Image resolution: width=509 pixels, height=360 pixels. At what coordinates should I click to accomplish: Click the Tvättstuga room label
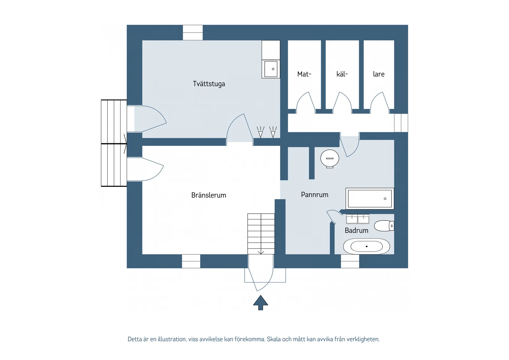point(209,84)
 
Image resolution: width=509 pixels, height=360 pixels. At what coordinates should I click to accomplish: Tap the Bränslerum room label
point(209,195)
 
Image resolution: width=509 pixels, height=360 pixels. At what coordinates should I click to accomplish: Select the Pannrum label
point(314,195)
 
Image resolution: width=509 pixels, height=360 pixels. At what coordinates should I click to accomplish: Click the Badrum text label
point(356,230)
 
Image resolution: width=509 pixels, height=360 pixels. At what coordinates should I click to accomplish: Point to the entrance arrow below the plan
point(261,302)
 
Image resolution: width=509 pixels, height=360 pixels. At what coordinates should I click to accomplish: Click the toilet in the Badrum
point(384,226)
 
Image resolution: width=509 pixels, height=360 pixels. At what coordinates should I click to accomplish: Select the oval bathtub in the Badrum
point(366,246)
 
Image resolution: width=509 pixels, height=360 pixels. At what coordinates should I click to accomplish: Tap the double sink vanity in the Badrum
point(358,219)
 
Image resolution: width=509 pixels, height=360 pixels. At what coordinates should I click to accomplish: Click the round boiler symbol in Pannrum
point(330,158)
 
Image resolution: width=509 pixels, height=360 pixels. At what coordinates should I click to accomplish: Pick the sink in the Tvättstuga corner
point(271,69)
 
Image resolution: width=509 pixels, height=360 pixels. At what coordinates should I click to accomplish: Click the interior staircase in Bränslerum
point(261,234)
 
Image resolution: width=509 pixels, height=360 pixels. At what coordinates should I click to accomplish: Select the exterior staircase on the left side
point(114,143)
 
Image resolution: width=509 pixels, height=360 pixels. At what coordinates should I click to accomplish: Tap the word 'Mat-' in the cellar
point(304,74)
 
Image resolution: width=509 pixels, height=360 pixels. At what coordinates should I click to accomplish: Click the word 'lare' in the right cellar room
point(379,74)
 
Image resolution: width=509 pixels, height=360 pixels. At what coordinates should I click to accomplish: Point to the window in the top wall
point(193,32)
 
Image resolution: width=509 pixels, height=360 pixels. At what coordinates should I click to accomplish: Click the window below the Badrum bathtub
point(350,261)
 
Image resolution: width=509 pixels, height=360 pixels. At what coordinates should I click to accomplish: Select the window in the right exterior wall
point(401,123)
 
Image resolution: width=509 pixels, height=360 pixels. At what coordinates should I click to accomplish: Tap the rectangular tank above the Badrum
point(370,199)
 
